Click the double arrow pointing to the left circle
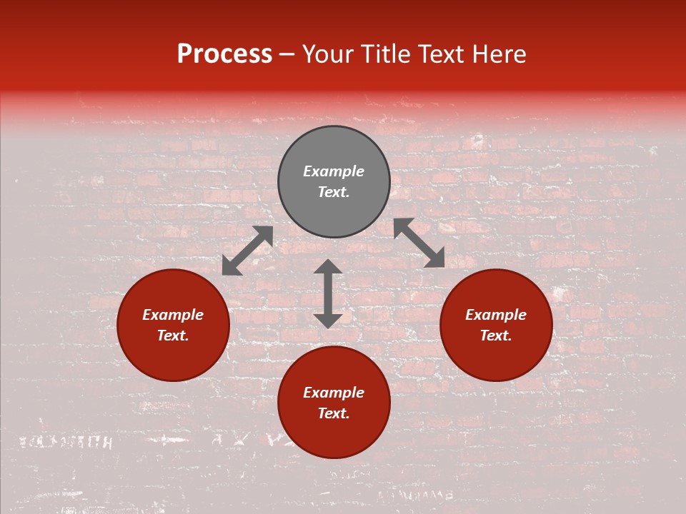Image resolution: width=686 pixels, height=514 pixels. click(x=247, y=251)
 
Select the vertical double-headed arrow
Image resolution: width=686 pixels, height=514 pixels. click(x=328, y=293)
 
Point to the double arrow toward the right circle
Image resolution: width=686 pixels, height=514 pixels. click(x=419, y=243)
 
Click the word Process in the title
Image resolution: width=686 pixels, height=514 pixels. click(x=224, y=54)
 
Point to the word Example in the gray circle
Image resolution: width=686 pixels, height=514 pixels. click(x=334, y=171)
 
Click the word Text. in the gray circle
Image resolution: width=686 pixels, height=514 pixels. click(x=334, y=192)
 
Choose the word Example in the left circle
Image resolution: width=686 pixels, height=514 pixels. click(x=173, y=315)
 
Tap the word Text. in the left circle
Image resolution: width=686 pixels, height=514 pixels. click(x=173, y=336)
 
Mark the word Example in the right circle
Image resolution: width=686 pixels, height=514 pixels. click(x=496, y=315)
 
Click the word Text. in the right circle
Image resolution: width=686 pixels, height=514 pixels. click(x=496, y=336)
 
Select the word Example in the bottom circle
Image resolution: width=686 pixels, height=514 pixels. click(x=334, y=393)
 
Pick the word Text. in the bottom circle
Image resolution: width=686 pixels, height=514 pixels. click(x=334, y=413)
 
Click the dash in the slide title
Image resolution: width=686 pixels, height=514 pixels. click(x=287, y=54)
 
